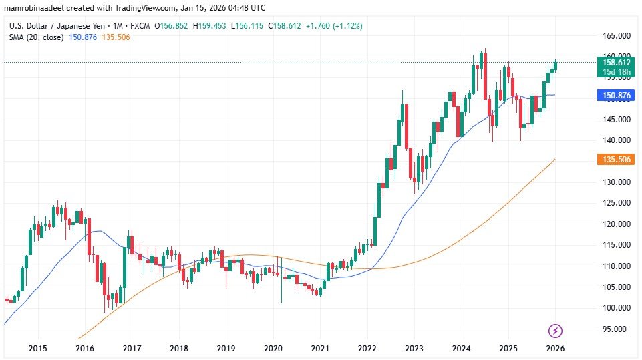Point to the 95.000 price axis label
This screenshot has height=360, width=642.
point(615,329)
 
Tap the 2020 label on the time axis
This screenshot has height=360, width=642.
point(273,349)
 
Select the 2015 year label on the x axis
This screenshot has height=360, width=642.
point(37,349)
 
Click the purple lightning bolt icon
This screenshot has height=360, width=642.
point(555,330)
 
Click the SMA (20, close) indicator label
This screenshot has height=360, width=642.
point(36,37)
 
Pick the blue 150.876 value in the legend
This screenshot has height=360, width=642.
point(83,37)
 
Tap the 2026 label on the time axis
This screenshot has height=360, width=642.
point(555,349)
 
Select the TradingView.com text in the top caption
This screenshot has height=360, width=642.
point(142,7)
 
